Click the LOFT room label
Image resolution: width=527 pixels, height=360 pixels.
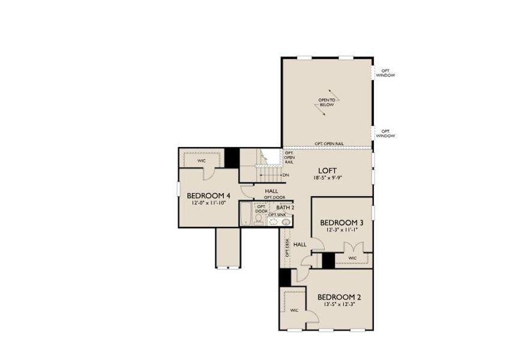328,170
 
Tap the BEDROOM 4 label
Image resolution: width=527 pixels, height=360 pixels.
208,196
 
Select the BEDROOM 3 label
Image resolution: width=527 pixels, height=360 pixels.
342,221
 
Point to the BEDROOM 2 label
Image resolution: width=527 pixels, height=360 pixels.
339,297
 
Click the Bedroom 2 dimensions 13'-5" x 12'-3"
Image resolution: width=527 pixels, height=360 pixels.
339,305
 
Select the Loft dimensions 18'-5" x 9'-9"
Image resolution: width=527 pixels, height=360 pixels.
328,178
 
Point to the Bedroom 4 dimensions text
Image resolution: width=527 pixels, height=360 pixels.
208,203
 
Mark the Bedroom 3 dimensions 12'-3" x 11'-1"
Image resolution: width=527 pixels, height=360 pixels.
342,229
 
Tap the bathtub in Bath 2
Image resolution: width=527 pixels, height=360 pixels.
245,215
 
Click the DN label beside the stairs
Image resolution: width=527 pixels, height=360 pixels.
286,175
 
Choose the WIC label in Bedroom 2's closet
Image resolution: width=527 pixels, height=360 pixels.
294,310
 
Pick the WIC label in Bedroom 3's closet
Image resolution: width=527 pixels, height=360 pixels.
352,259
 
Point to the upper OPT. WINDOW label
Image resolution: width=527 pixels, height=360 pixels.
385,73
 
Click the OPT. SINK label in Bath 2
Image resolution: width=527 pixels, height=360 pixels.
277,214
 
